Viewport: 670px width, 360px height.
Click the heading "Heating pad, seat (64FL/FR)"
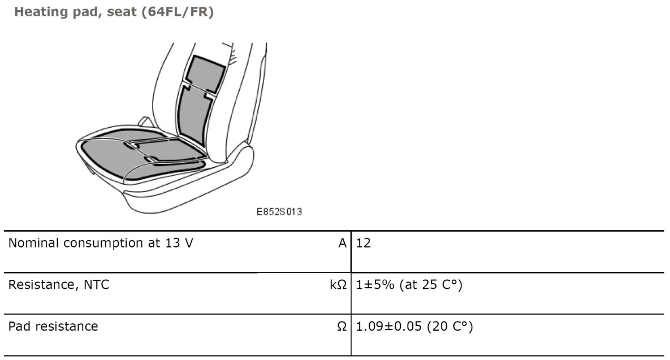pos(114,12)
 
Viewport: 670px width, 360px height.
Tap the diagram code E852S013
pos(279,212)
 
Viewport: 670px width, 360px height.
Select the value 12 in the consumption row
pos(363,243)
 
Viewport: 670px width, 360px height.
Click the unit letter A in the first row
pos(342,243)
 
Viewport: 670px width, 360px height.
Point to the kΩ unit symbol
pos(338,284)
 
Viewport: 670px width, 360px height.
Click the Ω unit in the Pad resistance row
pos(342,326)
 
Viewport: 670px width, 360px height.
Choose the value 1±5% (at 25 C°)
pos(409,285)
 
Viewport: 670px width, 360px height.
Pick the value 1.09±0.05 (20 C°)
pos(414,327)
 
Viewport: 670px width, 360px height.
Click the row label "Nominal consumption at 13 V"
pos(101,243)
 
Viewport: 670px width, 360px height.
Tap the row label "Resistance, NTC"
pos(59,285)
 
